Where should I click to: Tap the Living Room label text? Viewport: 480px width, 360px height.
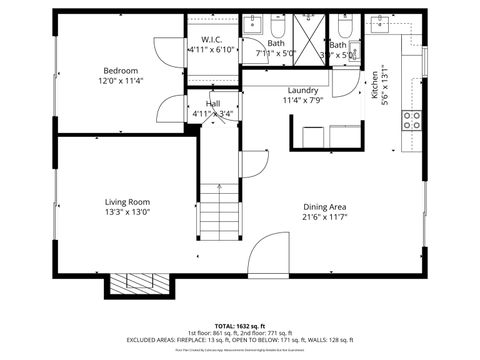tap(134, 201)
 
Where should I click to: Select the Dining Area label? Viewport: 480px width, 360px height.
tap(325, 206)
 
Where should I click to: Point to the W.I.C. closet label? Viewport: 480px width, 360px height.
tap(211, 39)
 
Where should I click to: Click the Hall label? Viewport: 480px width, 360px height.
tap(213, 103)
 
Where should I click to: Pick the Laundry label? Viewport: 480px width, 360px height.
tap(302, 90)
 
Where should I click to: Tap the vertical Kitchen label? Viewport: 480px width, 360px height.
tap(376, 80)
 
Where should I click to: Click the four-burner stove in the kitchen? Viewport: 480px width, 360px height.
tap(411, 121)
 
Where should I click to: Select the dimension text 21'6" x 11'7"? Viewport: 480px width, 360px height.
tap(325, 217)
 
